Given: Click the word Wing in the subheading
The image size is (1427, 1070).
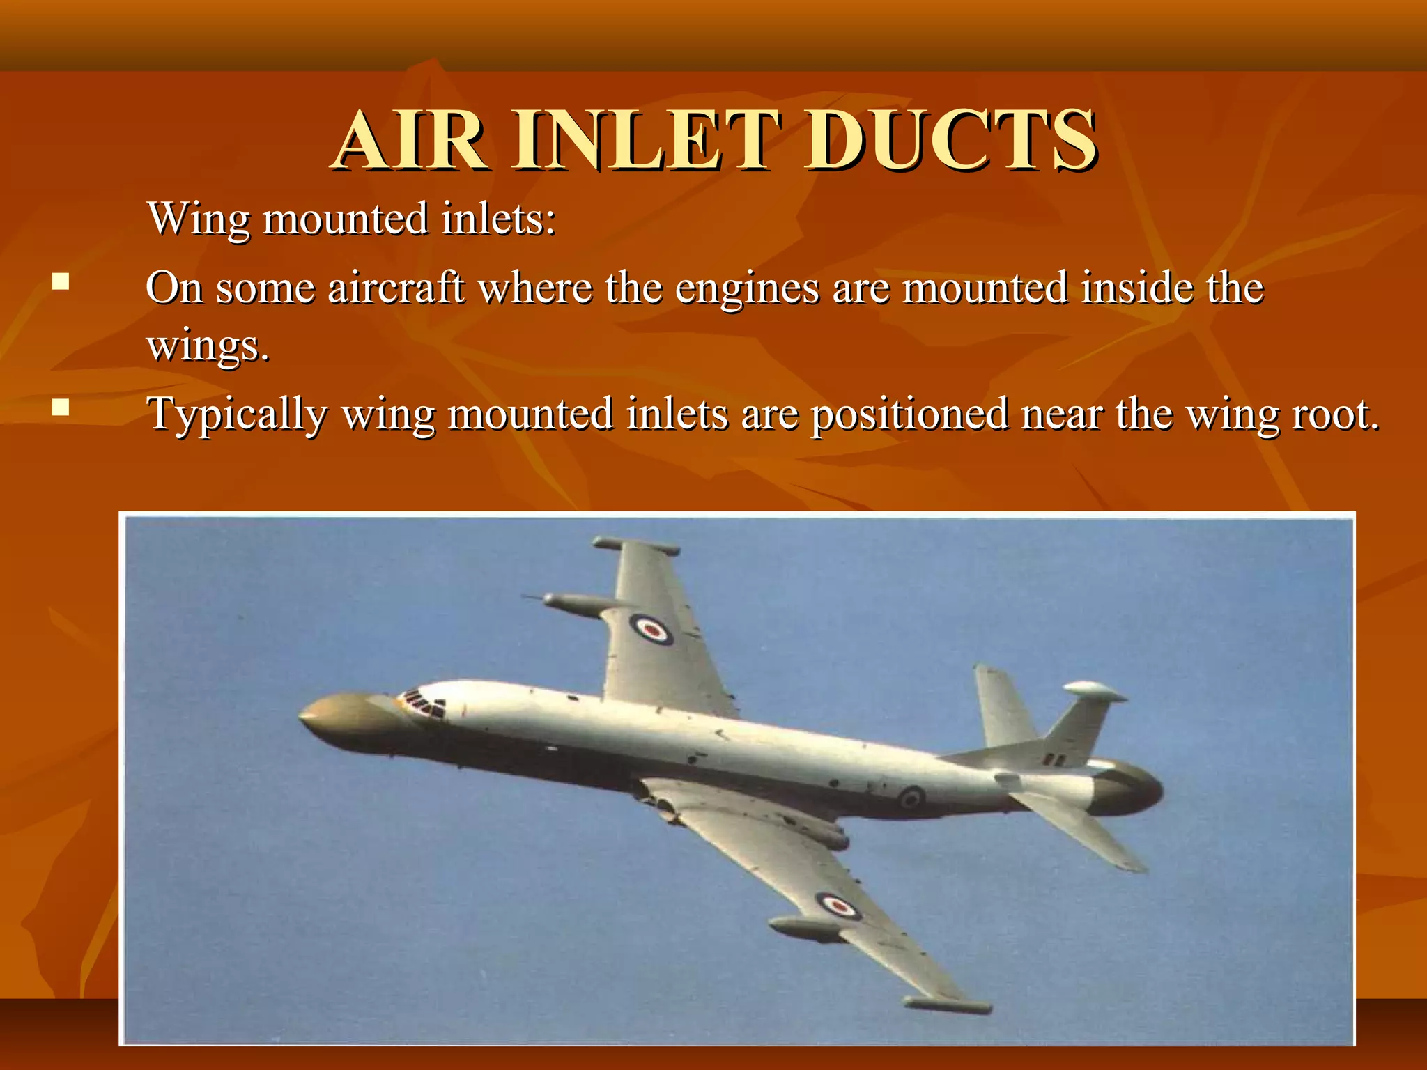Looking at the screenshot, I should [x=199, y=218].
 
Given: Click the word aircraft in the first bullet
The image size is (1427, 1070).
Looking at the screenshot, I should [x=395, y=288].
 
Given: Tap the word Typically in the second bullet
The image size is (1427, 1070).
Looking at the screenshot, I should [x=237, y=414].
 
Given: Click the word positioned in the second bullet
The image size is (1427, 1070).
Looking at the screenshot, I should [x=910, y=414].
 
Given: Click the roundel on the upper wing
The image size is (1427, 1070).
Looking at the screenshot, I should [x=651, y=628].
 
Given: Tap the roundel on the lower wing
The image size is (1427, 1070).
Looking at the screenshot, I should [x=838, y=906].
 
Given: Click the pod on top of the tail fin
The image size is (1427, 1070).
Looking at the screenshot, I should [x=1095, y=691].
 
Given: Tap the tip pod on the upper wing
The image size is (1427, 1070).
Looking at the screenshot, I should [x=635, y=545].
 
